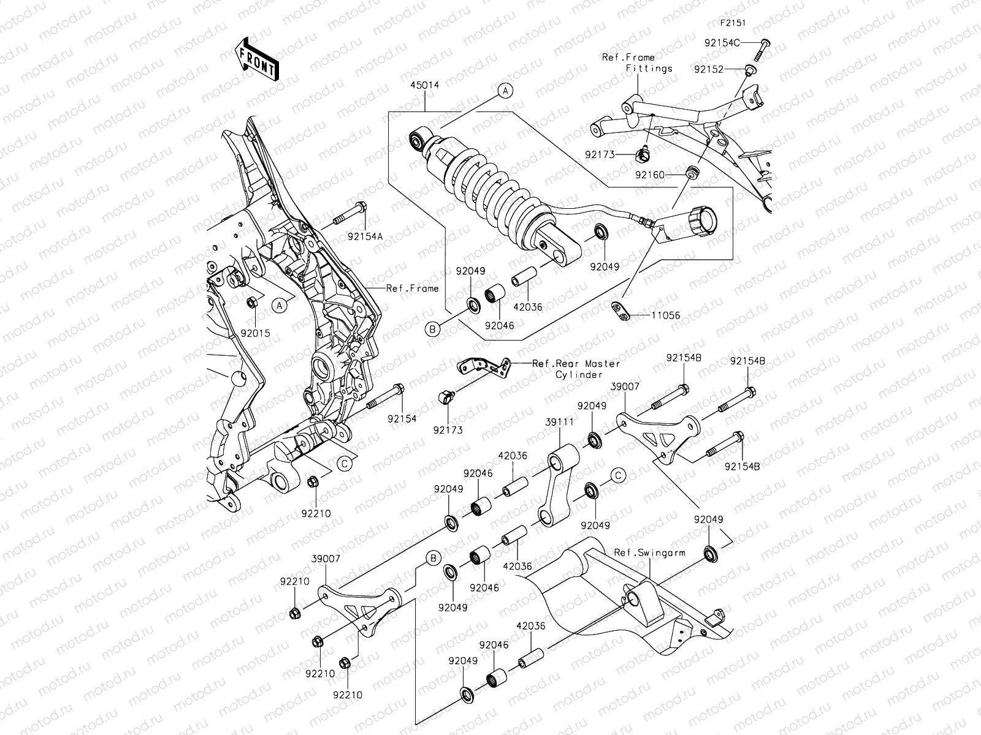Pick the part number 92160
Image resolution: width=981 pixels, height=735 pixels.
650,175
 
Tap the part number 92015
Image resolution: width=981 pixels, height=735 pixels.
256,334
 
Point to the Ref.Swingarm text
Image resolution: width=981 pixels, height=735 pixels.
649,552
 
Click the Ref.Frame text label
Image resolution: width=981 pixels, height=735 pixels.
412,288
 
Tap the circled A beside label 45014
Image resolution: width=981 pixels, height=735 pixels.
505,91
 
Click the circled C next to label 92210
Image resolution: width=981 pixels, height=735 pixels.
345,464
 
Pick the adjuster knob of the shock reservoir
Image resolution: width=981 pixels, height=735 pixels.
702,221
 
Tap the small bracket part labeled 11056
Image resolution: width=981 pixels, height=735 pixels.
620,311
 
